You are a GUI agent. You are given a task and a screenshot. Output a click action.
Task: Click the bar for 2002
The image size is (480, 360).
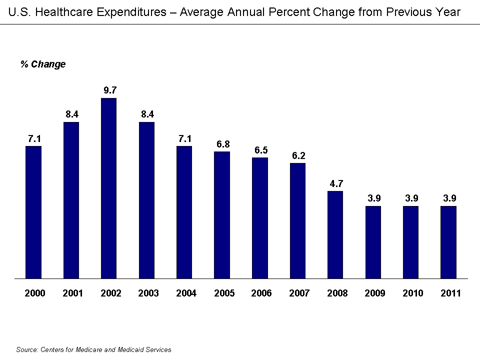(x=108, y=188)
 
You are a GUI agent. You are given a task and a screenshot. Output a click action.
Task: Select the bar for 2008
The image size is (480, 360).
(x=335, y=234)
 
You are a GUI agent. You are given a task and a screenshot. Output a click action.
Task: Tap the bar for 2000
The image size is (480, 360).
(x=33, y=212)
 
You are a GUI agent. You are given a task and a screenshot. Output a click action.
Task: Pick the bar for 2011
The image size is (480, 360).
(x=448, y=242)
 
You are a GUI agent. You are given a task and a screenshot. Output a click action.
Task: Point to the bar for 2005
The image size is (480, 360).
(x=222, y=214)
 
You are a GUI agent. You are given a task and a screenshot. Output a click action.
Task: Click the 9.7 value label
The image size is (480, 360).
(x=109, y=90)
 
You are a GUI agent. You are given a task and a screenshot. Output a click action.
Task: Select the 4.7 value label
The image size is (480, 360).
(x=336, y=183)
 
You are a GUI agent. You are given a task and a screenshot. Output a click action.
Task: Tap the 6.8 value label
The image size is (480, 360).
(x=223, y=144)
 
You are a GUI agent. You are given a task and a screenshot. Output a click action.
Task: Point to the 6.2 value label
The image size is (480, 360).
(x=298, y=155)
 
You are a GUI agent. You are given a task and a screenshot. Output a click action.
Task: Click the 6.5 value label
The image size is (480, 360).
(x=260, y=150)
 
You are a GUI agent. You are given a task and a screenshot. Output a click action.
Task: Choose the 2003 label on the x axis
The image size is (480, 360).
(x=148, y=293)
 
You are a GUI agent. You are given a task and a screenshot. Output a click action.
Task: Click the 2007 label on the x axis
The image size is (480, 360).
(x=299, y=293)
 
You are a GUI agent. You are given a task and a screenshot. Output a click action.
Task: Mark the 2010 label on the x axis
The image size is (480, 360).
(x=412, y=293)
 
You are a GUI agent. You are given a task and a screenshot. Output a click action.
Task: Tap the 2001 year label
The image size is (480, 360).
(x=72, y=293)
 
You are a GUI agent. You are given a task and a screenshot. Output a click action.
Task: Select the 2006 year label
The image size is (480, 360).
(x=261, y=293)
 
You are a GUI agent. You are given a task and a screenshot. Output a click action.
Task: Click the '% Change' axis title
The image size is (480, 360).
(x=43, y=64)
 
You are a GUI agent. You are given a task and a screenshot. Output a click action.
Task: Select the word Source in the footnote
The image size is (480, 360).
(x=26, y=350)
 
